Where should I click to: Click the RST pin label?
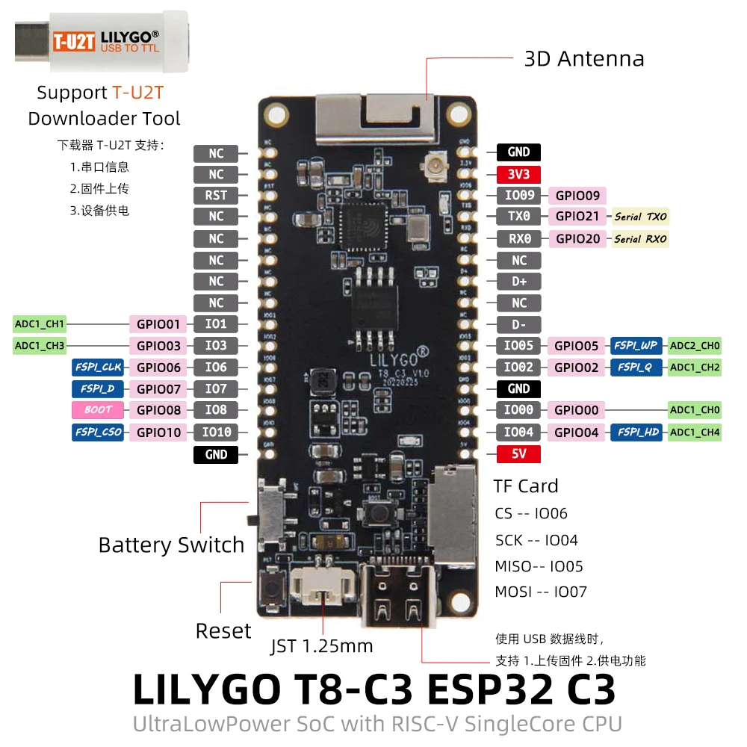tap(216, 196)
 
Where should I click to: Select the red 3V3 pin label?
tap(518, 174)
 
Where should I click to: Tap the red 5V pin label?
tap(518, 454)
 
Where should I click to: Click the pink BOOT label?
tap(98, 410)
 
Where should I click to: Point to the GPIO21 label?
tap(577, 217)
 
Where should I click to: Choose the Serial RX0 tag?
tap(640, 239)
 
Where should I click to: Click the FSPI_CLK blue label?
tap(98, 368)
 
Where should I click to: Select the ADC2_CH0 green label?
tap(695, 346)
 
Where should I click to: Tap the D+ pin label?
tap(518, 282)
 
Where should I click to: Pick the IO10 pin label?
tap(216, 432)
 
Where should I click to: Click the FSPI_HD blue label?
tap(636, 432)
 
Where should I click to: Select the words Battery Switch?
tap(171, 545)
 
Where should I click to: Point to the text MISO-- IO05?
tap(539, 566)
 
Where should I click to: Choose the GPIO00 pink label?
tap(577, 410)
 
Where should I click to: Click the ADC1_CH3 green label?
tap(40, 346)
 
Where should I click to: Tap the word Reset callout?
tap(223, 631)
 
